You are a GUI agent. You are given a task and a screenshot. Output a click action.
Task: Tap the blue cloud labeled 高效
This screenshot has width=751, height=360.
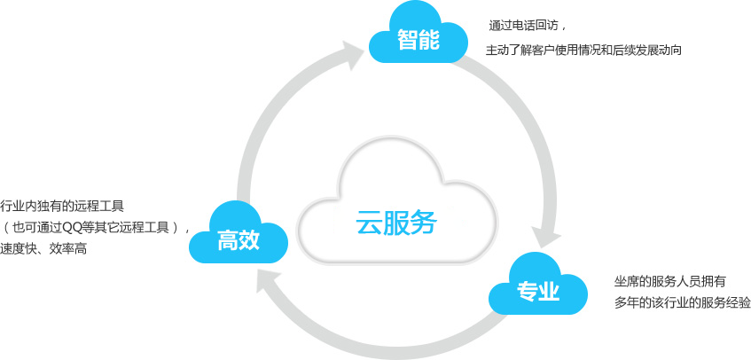(x=238, y=233)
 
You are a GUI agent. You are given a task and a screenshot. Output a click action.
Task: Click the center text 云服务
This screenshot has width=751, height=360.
(x=396, y=223)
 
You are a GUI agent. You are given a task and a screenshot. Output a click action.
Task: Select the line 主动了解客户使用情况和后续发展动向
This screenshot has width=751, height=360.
(x=583, y=51)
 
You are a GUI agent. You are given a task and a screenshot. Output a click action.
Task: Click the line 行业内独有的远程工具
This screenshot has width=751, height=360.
(x=62, y=207)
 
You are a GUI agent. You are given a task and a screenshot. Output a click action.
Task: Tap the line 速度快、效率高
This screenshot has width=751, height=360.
(x=43, y=249)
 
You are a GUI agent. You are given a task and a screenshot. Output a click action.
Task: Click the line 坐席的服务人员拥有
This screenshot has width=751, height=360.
(x=669, y=281)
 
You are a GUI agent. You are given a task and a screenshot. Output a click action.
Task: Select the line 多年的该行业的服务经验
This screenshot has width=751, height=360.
(x=683, y=303)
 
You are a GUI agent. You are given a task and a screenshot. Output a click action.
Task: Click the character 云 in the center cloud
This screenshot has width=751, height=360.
(x=369, y=223)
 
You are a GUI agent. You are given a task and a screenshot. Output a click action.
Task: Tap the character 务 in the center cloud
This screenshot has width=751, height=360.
(x=425, y=223)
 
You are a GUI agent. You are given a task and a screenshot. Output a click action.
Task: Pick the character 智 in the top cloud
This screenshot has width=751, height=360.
(x=408, y=40)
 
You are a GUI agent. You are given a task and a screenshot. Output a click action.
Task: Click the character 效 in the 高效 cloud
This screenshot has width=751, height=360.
(x=249, y=240)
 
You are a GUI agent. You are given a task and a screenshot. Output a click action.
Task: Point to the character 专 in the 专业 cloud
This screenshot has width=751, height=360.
(x=527, y=291)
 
